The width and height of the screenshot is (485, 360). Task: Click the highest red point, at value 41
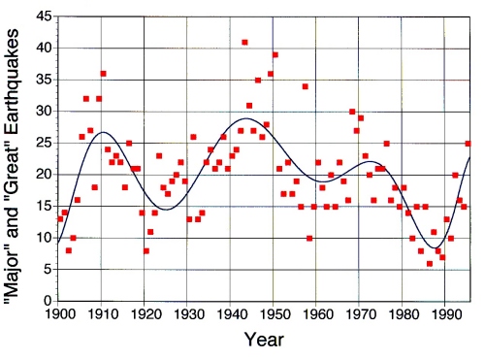click(x=244, y=42)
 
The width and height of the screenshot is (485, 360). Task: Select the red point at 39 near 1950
click(x=275, y=54)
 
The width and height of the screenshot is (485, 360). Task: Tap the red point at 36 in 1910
click(x=103, y=74)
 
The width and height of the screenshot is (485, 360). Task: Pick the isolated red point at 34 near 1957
click(x=305, y=86)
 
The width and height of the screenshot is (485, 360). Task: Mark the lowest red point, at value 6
click(x=430, y=263)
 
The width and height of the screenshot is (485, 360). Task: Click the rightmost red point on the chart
click(x=469, y=144)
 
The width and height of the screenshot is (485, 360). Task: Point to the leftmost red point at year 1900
click(x=60, y=219)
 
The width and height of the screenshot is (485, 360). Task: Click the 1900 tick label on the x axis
click(x=59, y=314)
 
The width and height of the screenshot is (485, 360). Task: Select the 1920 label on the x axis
click(x=145, y=314)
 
